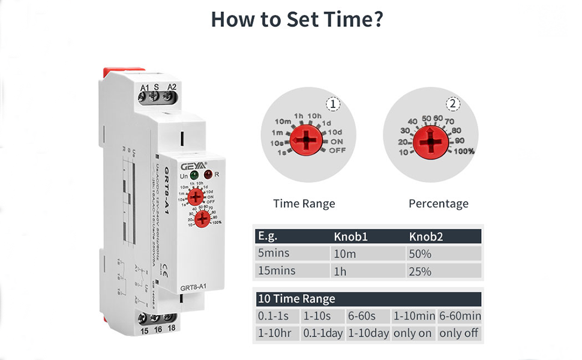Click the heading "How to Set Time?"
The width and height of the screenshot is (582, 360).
(297, 19)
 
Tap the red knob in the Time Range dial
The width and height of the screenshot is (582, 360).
(306, 140)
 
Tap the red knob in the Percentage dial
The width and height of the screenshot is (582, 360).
(430, 142)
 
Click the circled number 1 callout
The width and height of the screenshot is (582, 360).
(332, 104)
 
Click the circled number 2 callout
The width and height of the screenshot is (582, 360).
(453, 104)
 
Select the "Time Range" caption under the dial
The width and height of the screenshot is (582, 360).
(304, 203)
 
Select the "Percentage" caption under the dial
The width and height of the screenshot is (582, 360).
(438, 203)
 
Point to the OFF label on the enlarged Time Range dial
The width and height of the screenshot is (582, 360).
(338, 151)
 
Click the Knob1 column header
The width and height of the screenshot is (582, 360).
(350, 236)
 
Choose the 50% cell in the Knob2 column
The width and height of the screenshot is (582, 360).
(420, 253)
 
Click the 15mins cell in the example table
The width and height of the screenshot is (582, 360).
(276, 271)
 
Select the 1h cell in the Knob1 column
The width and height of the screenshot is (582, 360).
(341, 271)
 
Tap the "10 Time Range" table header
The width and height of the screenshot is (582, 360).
(296, 299)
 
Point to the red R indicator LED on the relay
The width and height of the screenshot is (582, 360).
(208, 175)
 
